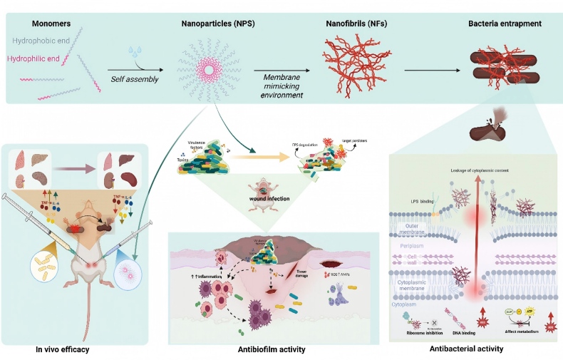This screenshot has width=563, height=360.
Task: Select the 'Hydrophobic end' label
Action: [40, 41]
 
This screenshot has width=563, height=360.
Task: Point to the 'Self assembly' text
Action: [135, 78]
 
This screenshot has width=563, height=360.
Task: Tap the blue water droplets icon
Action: [135, 52]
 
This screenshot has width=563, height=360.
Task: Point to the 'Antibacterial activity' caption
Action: [468, 349]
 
